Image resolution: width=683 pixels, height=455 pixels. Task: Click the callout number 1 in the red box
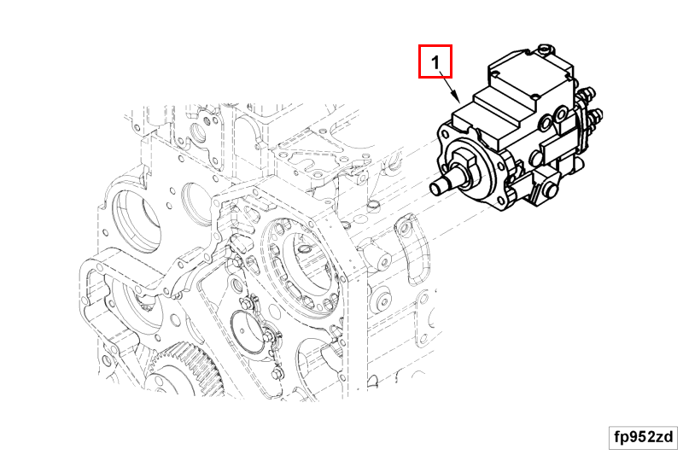point(435,62)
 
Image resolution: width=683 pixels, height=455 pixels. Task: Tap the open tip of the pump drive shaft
point(435,189)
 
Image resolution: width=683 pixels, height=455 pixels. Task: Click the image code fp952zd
point(644,437)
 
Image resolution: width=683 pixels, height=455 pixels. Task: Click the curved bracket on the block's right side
point(412,249)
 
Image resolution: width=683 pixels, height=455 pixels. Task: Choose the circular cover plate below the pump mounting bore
point(248,331)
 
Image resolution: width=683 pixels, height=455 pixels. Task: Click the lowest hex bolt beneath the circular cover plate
point(275,374)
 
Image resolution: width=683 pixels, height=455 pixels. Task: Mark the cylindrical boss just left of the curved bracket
point(377,258)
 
